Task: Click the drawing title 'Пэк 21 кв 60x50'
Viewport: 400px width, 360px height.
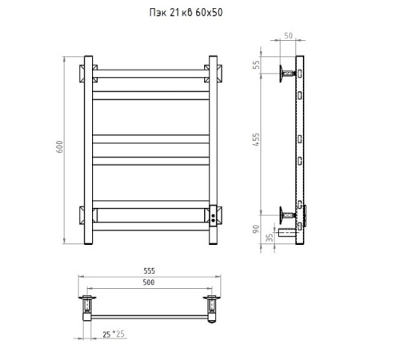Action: (186, 12)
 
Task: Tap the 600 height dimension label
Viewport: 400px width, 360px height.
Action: (59, 146)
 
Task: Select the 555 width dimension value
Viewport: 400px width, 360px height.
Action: (149, 270)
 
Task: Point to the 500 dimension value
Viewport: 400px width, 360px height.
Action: (149, 282)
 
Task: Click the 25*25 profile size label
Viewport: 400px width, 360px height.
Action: (114, 334)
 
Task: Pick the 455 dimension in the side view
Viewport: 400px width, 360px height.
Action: (256, 139)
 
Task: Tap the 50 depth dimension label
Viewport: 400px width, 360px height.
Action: (288, 36)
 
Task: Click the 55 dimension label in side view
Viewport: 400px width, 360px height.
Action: (256, 65)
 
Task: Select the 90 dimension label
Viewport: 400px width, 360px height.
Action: (256, 229)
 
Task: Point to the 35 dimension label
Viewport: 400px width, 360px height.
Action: (270, 238)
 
